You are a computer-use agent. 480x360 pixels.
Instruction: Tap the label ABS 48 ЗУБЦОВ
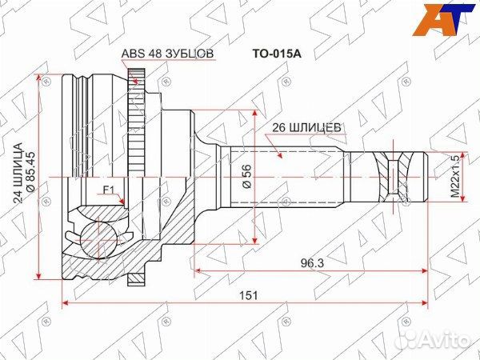[167, 55]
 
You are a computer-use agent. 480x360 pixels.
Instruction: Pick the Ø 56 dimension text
[247, 176]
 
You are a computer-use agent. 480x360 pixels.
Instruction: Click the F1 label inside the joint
[110, 190]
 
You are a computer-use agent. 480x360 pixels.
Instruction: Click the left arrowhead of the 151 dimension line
[65, 305]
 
